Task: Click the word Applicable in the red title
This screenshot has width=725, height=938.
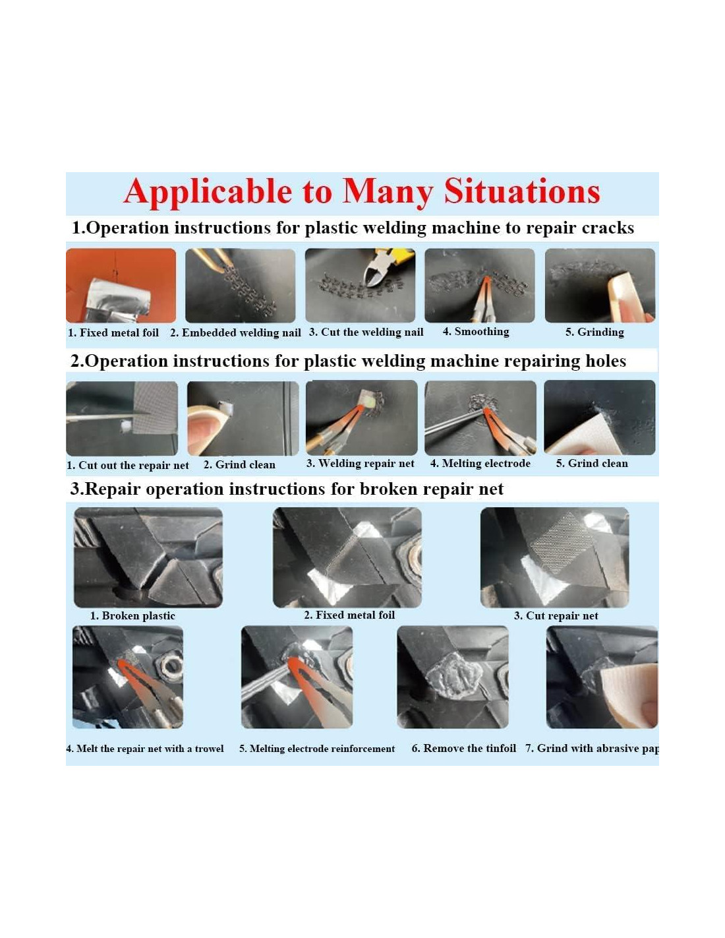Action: coord(208,192)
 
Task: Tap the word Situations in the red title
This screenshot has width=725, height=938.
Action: coord(522,191)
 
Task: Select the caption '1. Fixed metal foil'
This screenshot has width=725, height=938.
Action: coord(113,332)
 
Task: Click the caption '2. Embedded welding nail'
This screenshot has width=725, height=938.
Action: coord(235,332)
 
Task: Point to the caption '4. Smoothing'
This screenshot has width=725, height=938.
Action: coord(476,332)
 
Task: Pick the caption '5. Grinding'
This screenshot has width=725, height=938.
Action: coord(594,332)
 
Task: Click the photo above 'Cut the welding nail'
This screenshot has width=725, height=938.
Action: coord(360,286)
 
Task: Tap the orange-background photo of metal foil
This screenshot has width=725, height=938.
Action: coord(121,286)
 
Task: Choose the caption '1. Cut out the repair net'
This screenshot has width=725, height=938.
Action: coord(128,465)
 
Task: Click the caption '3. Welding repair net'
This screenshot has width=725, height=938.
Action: coord(360,464)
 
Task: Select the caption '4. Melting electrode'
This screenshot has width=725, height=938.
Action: coord(480,464)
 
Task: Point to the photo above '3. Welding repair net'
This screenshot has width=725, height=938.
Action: coord(361,418)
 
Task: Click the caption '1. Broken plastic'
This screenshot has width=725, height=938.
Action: coord(132,615)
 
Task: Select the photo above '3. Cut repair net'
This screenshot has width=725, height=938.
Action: coord(555,557)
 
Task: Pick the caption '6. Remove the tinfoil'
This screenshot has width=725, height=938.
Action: coord(463,748)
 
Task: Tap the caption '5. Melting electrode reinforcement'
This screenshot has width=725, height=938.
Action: coord(317,749)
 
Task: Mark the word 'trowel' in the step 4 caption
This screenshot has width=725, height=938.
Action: coord(209,749)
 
